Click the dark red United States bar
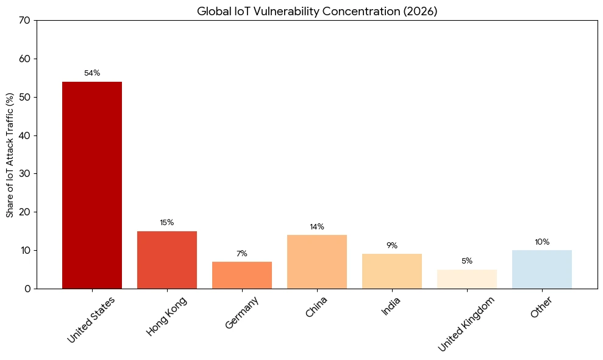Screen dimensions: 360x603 pyautogui.click(x=92, y=185)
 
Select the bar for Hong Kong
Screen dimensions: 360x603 pyautogui.click(x=167, y=259)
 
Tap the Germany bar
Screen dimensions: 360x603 pyautogui.click(x=242, y=275)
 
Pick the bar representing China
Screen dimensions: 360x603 pyautogui.click(x=317, y=261)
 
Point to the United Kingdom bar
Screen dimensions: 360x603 pyautogui.click(x=467, y=279)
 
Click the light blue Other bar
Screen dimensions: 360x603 pyautogui.click(x=542, y=269)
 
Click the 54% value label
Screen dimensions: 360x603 pyautogui.click(x=92, y=73)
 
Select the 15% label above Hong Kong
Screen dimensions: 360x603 pyautogui.click(x=167, y=223)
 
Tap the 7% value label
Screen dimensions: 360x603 pyautogui.click(x=242, y=254)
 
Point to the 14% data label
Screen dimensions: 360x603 pyautogui.click(x=317, y=227)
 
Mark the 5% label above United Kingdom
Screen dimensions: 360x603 pyautogui.click(x=467, y=261)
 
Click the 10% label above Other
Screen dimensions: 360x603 pyautogui.click(x=542, y=242)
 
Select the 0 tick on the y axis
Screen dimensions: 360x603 pyautogui.click(x=27, y=289)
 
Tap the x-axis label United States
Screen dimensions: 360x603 pyautogui.click(x=91, y=319)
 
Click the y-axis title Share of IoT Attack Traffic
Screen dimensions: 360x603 pyautogui.click(x=10, y=155)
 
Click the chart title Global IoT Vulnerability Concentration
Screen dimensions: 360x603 pyautogui.click(x=317, y=11)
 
